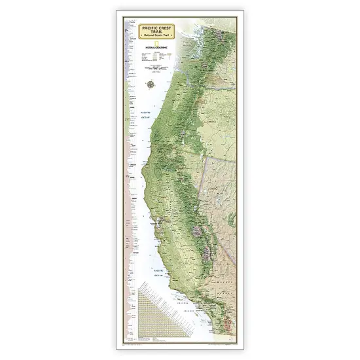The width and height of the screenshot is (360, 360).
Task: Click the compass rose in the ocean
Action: (x=152, y=83)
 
